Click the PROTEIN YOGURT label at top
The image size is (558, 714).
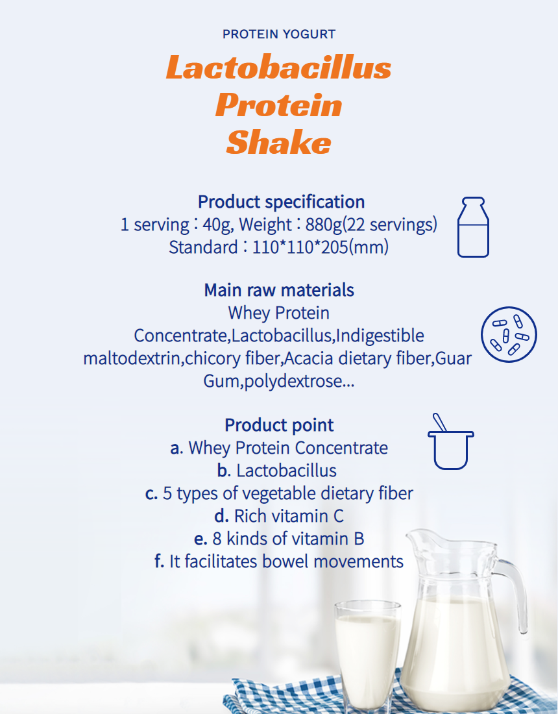pyautogui.click(x=279, y=34)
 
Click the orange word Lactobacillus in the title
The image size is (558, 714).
pyautogui.click(x=278, y=68)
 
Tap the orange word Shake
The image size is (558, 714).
pyautogui.click(x=278, y=142)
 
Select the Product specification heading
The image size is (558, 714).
pyautogui.click(x=282, y=202)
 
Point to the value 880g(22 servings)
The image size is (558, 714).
pyautogui.click(x=371, y=225)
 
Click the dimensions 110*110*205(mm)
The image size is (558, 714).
pyautogui.click(x=321, y=247)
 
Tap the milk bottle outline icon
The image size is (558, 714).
pyautogui.click(x=474, y=227)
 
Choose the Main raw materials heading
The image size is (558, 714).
pyautogui.click(x=279, y=290)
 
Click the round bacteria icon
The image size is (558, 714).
pyautogui.click(x=509, y=335)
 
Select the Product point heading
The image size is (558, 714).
pyautogui.click(x=279, y=425)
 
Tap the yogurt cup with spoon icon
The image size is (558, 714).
pyautogui.click(x=450, y=441)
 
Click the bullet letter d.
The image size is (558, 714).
pyautogui.click(x=221, y=516)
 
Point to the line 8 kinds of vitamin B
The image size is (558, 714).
pyautogui.click(x=279, y=539)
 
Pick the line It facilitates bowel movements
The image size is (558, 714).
pyautogui.click(x=279, y=561)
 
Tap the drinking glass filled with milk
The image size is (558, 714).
pyautogui.click(x=367, y=656)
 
